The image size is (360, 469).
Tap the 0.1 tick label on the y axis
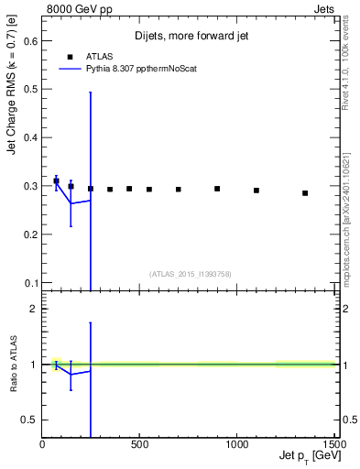coord(30,282)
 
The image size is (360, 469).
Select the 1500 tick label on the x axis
coord(334,444)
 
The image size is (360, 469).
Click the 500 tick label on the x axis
coord(140,444)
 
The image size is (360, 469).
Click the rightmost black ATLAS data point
coord(305,193)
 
